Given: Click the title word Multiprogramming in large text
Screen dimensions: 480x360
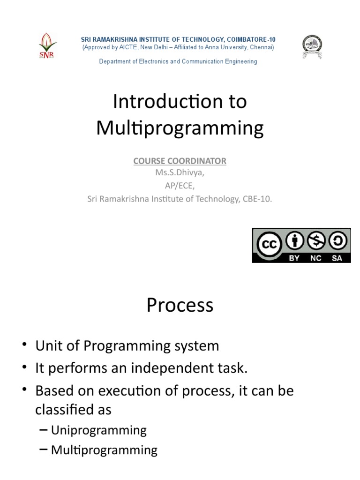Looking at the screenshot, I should coord(180,128).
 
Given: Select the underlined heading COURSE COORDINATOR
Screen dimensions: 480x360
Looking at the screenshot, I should coord(180,161).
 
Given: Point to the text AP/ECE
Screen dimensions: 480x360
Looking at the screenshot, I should coord(180,186).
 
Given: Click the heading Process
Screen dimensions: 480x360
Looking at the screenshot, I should coord(180,305).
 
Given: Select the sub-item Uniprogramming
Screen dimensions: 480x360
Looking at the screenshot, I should coord(99,430).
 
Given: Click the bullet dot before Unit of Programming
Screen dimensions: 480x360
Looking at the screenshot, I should coord(24,346).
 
